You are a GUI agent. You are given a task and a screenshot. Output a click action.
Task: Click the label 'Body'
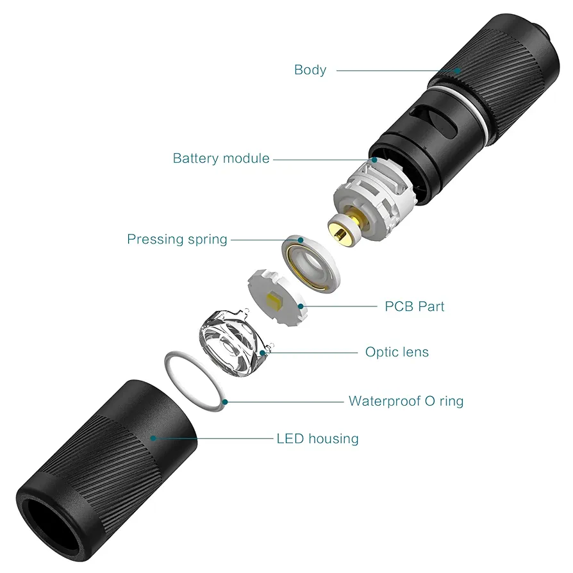310,70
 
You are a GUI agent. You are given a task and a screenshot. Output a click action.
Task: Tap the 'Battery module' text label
221,158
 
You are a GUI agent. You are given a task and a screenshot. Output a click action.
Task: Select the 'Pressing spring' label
177,239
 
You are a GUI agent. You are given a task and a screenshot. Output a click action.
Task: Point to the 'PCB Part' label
415,306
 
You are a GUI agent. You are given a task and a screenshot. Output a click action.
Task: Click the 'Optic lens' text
397,352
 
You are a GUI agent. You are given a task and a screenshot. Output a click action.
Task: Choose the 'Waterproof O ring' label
406,401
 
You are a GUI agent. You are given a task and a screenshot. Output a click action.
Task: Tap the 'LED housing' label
317,438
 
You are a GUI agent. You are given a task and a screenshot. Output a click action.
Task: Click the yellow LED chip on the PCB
275,299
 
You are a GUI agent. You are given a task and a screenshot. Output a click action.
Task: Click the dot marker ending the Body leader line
457,71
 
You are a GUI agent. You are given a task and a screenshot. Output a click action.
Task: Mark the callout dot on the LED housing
153,438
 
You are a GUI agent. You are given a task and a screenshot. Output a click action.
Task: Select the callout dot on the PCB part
301,306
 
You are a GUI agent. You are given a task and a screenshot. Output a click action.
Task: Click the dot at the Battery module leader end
374,160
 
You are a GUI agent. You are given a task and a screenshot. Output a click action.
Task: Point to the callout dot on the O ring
226,402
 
